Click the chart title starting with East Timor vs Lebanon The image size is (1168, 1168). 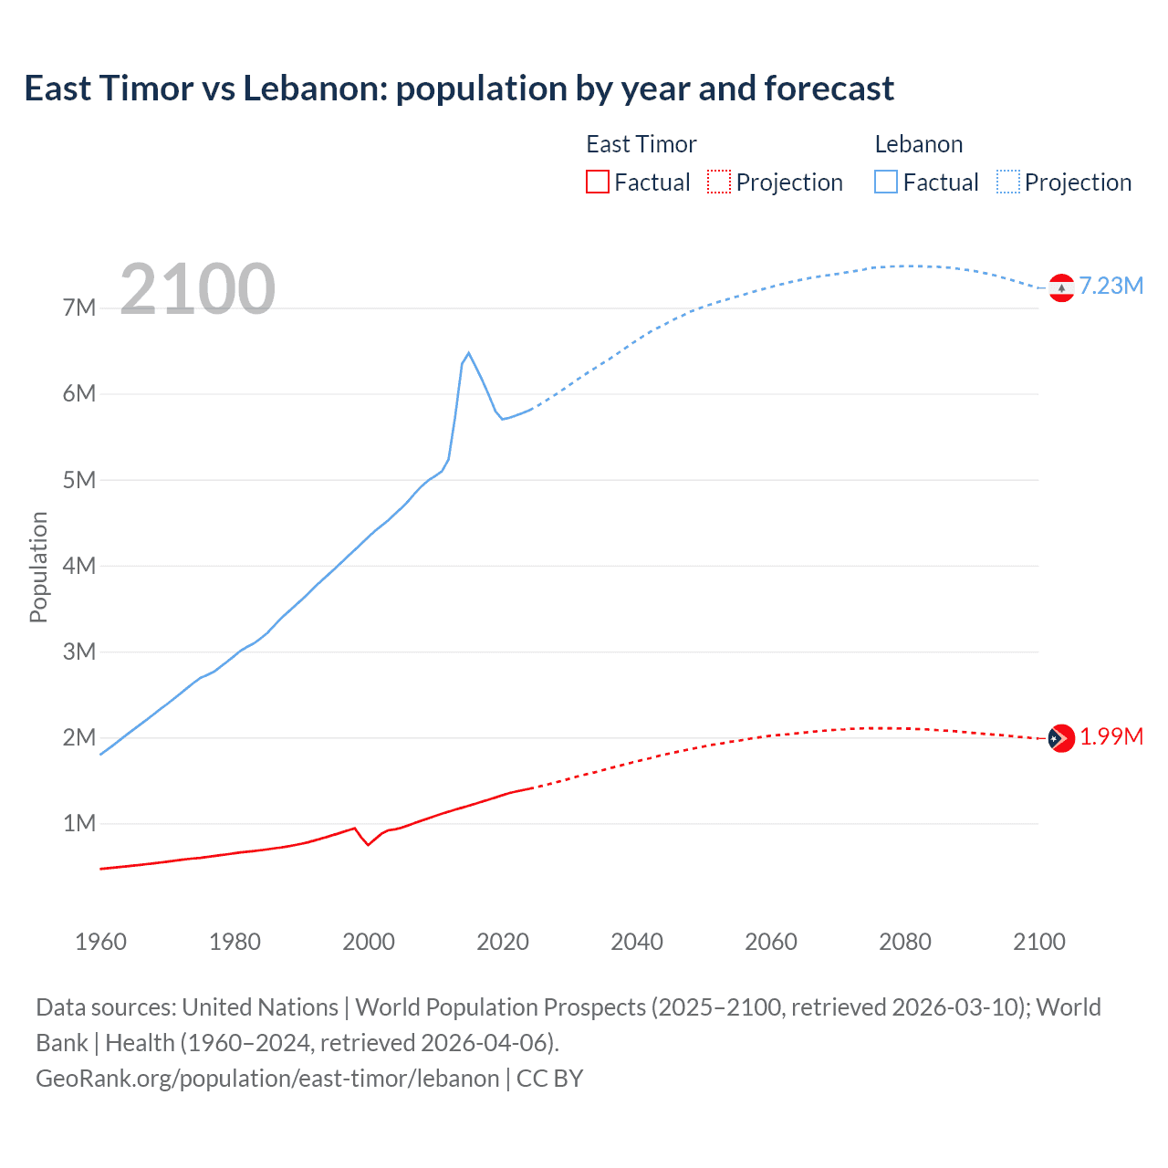(x=459, y=89)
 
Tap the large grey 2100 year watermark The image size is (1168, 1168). (x=197, y=289)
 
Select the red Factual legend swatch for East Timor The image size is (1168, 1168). (x=598, y=182)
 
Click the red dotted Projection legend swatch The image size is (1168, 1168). (x=719, y=182)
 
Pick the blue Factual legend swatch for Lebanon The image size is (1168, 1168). (x=886, y=182)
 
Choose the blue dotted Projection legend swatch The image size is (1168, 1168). (x=1007, y=182)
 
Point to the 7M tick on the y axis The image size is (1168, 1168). (x=79, y=308)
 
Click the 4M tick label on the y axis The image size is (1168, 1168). (x=79, y=566)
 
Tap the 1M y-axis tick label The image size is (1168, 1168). (x=79, y=824)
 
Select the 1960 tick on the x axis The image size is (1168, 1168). (x=100, y=942)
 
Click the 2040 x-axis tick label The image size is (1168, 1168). (x=637, y=942)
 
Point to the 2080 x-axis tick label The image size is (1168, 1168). (x=905, y=942)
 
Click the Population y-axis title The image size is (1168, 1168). (x=38, y=567)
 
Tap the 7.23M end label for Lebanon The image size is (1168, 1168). (x=1111, y=286)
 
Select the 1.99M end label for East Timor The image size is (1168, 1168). (x=1111, y=736)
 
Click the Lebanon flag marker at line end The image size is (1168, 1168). (x=1061, y=287)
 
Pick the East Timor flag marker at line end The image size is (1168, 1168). (x=1061, y=737)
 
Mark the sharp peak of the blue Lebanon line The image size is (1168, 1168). (x=468, y=353)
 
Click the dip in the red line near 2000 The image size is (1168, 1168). (x=368, y=844)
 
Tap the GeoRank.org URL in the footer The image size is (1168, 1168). (x=267, y=1079)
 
